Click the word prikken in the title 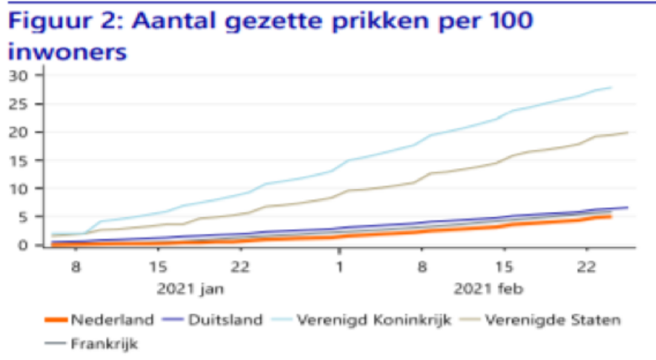358,20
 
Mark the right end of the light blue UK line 611,87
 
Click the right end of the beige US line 627,132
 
